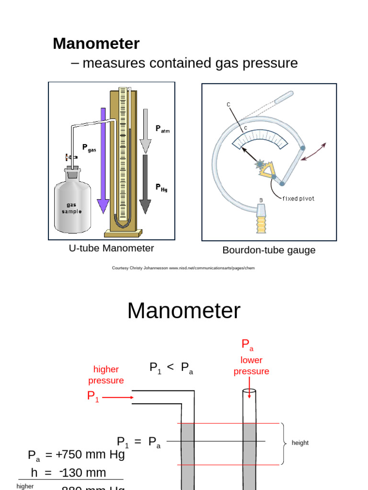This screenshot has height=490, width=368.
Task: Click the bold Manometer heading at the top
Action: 96,44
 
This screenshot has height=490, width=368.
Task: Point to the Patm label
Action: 162,129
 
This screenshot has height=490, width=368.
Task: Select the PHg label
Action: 161,188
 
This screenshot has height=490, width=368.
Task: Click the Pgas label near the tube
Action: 89,148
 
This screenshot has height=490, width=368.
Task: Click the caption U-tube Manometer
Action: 112,248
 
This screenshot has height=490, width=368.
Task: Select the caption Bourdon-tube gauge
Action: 269,250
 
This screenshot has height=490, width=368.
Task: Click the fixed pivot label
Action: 298,199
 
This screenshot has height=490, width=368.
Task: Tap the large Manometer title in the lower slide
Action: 184,311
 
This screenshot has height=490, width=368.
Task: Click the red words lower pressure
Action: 251,366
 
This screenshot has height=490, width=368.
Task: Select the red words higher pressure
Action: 106,375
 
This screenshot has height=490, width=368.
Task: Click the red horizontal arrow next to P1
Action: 116,397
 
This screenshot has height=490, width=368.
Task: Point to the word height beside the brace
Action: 300,443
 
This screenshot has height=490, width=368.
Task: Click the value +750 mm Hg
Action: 90,455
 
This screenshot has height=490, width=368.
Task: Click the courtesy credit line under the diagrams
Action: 184,268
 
